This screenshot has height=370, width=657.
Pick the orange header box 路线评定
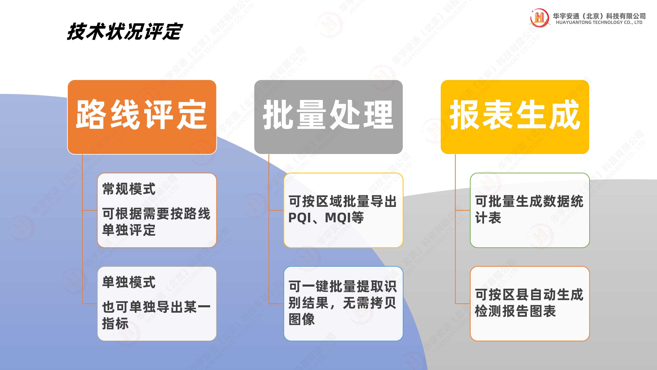tap(142, 117)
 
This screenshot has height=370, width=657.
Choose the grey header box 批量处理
tap(328, 117)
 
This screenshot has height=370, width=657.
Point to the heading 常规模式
tap(129, 189)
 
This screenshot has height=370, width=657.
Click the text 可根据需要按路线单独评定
tap(156, 222)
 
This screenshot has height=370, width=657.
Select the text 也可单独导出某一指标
tap(156, 315)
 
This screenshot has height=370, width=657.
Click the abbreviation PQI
tap(298, 218)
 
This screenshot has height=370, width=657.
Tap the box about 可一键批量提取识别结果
tap(343, 304)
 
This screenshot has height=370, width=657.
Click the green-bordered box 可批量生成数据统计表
tap(530, 210)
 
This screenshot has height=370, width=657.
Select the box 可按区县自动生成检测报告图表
tap(530, 304)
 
